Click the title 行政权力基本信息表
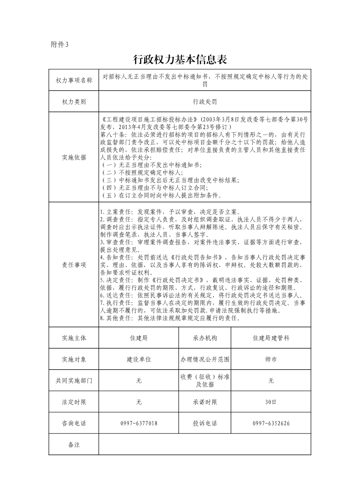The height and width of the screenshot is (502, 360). coord(180,60)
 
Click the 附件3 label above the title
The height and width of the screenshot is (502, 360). coord(59,44)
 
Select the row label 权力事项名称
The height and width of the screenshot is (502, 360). coord(73,80)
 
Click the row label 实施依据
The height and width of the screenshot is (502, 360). coord(73,158)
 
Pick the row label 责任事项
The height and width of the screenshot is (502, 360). coord(73,265)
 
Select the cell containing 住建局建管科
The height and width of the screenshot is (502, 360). coord(271,338)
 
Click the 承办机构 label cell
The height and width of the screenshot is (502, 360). coord(204,338)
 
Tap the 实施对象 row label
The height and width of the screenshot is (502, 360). coord(73,359)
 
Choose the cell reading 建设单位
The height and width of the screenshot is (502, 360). coord(139,359)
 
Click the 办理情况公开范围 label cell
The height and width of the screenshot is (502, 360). coord(204,359)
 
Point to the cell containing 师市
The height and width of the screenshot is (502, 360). coord(271,359)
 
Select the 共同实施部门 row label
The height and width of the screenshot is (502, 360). coord(73,381)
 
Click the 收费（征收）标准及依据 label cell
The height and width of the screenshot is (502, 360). coord(204,381)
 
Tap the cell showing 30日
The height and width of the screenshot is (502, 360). coord(271,402)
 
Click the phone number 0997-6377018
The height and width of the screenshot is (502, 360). coord(139,423)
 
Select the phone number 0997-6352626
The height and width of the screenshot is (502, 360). coord(271,423)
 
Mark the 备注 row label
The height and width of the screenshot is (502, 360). coord(73,444)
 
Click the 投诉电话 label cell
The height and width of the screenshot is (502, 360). coord(204,423)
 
